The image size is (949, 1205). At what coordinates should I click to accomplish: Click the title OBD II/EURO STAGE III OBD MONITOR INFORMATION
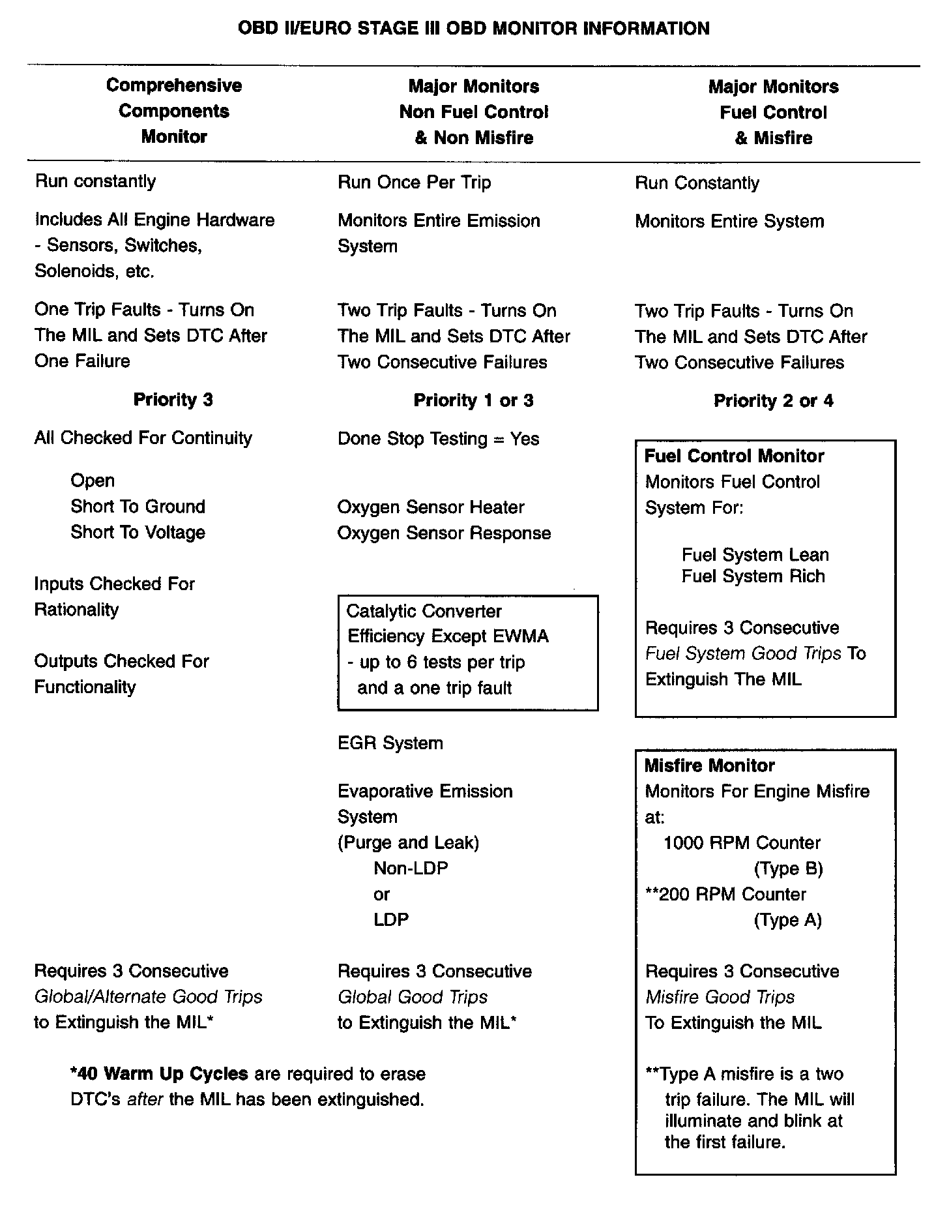[474, 29]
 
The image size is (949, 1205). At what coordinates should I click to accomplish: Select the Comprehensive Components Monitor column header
[174, 111]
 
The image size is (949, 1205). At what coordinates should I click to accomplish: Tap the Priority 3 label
[173, 400]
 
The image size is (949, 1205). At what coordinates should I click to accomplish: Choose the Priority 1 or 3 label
[473, 400]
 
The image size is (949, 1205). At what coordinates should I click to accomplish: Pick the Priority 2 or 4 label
[773, 401]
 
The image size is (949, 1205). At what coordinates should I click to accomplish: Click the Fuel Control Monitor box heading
[734, 456]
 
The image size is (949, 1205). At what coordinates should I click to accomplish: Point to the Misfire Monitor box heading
[709, 766]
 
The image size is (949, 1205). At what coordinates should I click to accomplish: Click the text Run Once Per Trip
[414, 183]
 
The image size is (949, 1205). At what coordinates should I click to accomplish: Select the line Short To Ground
[138, 507]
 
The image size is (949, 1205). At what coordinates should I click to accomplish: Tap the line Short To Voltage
[138, 532]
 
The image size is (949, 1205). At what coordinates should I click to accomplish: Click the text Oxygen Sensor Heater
[431, 507]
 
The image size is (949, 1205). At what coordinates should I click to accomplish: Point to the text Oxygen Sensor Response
[444, 533]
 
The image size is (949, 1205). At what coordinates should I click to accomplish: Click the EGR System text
[390, 743]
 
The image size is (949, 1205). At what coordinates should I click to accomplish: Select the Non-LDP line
[411, 869]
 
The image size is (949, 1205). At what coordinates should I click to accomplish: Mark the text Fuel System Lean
[755, 555]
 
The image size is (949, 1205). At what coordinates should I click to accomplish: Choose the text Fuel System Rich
[753, 576]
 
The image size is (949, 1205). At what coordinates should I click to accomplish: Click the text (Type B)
[788, 869]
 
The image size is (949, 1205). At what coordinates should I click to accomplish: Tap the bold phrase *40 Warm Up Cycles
[159, 1074]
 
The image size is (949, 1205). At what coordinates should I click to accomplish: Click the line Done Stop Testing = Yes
[438, 439]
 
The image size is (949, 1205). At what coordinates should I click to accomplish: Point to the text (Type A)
[787, 920]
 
